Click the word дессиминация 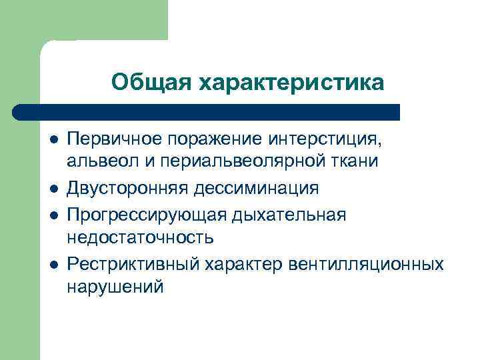pos(257,189)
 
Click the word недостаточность pos(140,237)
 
